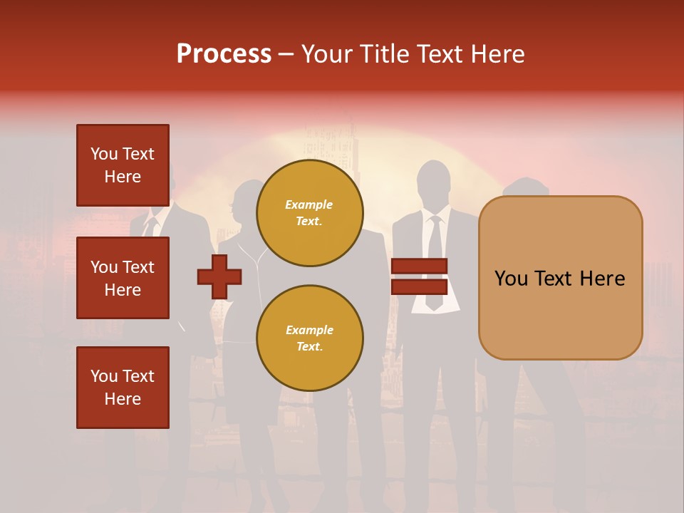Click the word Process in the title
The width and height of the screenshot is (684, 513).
click(x=224, y=54)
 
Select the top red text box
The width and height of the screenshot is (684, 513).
click(x=123, y=165)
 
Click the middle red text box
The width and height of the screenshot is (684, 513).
click(x=123, y=278)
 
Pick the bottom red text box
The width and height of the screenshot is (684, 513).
click(x=123, y=388)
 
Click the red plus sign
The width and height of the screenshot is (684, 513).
click(x=219, y=276)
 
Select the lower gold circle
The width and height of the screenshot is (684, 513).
click(x=310, y=338)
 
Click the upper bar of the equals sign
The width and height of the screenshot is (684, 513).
click(x=419, y=266)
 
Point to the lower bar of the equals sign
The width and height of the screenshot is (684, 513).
click(x=419, y=287)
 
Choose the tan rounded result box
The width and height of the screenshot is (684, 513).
click(x=560, y=278)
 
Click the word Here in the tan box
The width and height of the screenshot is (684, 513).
click(x=602, y=279)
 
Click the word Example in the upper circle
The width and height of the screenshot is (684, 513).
click(x=309, y=204)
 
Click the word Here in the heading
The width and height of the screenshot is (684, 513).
click(x=497, y=54)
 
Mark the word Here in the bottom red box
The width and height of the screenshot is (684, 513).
click(x=123, y=399)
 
